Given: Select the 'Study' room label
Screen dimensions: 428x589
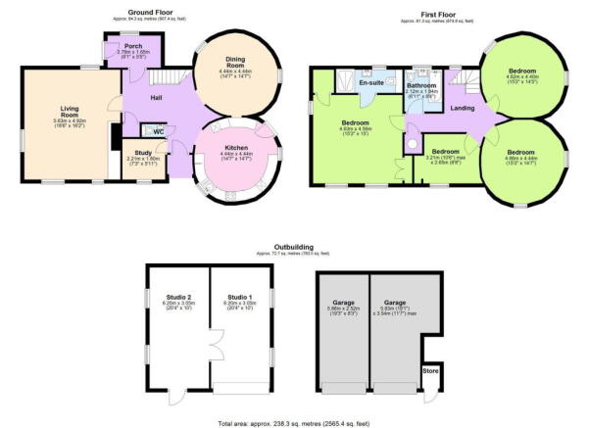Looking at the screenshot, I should [x=137, y=154].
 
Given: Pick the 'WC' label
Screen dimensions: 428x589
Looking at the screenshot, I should [x=158, y=132].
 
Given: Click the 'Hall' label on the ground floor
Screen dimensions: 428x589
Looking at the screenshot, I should [x=156, y=98].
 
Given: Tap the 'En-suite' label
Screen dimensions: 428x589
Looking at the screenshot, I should [x=370, y=82].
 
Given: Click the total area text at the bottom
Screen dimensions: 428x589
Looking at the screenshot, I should [x=294, y=421].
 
